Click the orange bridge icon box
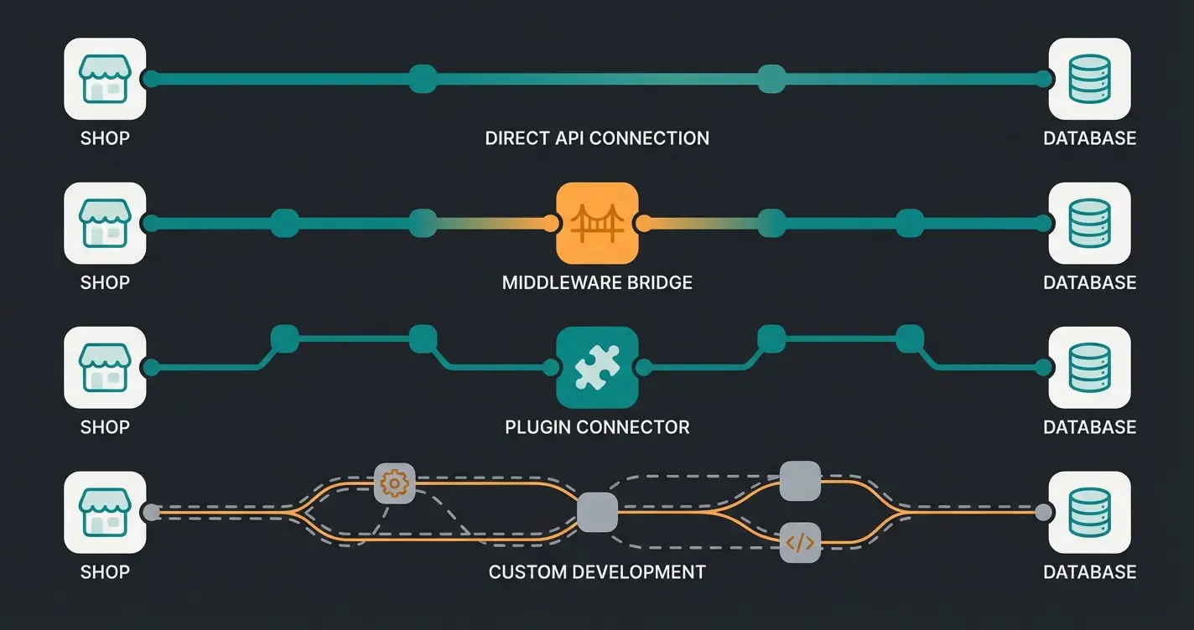point(597,223)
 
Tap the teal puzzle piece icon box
point(597,367)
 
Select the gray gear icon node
point(394,483)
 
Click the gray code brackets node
point(800,542)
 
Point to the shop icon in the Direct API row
point(105,79)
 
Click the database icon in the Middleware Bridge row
point(1089,223)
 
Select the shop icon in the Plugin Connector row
point(105,367)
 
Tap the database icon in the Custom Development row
point(1089,512)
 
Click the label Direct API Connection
point(597,138)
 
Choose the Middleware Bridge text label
point(597,282)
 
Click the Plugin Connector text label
point(597,427)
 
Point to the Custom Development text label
point(597,572)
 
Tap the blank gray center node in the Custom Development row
point(597,513)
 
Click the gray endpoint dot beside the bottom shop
point(151,512)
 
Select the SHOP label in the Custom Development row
point(105,572)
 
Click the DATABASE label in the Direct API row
point(1089,138)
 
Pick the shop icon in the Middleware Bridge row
point(105,223)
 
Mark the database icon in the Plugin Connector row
point(1089,367)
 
